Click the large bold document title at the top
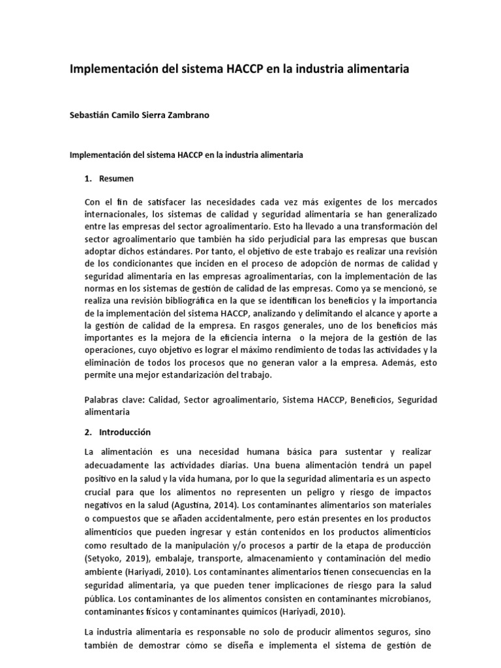239,69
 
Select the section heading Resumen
117,178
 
